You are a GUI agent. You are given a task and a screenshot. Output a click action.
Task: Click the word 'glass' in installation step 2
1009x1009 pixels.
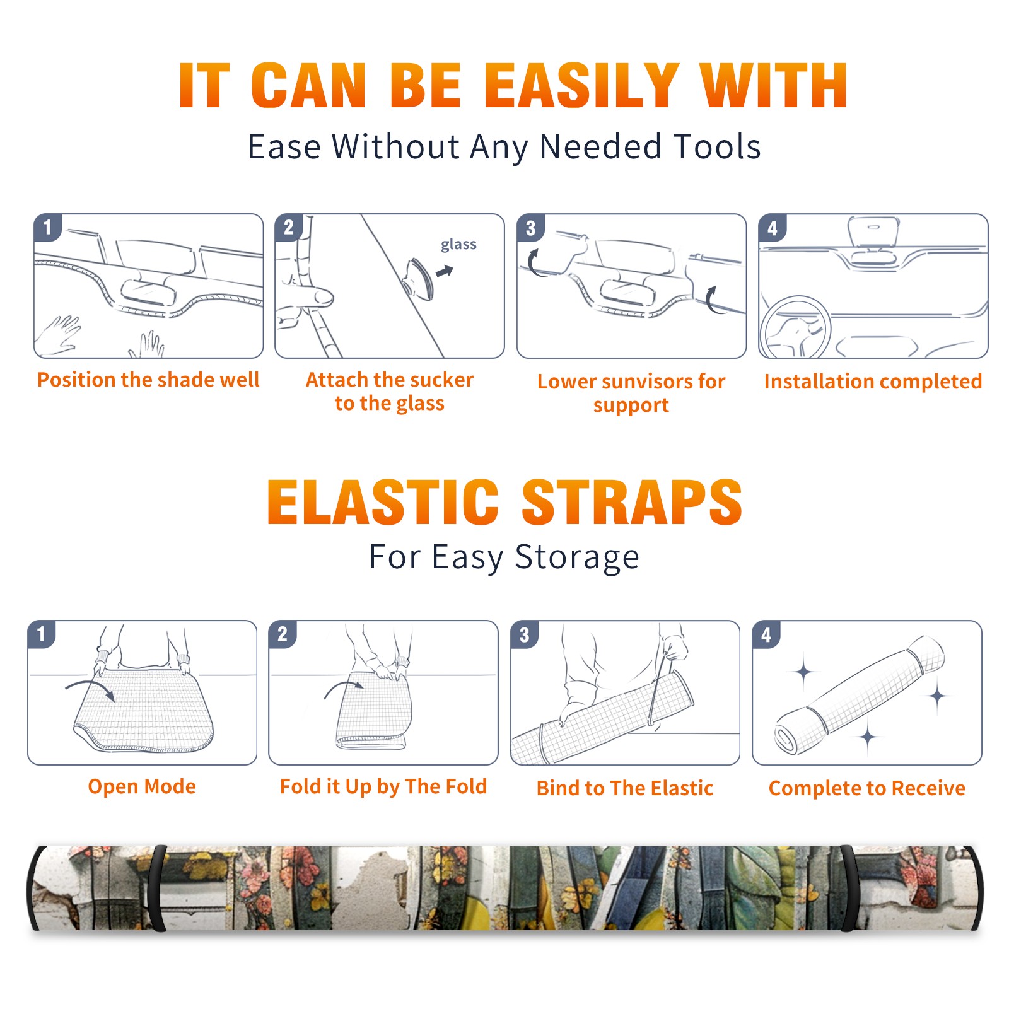click(458, 245)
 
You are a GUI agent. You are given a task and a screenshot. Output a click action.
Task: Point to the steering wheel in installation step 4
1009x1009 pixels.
click(795, 327)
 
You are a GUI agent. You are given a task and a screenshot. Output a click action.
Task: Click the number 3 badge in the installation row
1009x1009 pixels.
click(530, 228)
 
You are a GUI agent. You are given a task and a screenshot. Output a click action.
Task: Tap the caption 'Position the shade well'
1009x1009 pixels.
click(148, 380)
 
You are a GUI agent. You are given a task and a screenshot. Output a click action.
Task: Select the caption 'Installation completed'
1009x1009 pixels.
click(873, 382)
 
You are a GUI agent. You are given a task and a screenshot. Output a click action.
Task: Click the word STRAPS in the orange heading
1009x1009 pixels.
click(632, 502)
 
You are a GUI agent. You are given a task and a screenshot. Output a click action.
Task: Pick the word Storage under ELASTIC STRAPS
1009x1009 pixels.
click(577, 557)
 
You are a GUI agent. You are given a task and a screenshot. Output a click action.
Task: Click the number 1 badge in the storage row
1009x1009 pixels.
click(42, 634)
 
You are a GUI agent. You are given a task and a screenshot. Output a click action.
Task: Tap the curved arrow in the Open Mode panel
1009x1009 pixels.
click(90, 688)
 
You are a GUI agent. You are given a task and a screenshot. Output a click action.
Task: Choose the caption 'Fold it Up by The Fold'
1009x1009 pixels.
click(383, 786)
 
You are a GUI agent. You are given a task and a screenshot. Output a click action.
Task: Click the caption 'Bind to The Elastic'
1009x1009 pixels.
click(625, 788)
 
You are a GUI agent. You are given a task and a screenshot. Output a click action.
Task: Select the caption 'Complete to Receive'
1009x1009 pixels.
click(867, 788)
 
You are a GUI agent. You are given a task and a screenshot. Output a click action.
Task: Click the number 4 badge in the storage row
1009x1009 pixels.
click(766, 634)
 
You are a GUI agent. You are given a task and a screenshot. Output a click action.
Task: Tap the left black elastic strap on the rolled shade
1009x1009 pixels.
click(156, 888)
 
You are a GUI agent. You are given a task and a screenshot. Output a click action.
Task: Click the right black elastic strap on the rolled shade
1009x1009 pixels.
click(848, 888)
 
